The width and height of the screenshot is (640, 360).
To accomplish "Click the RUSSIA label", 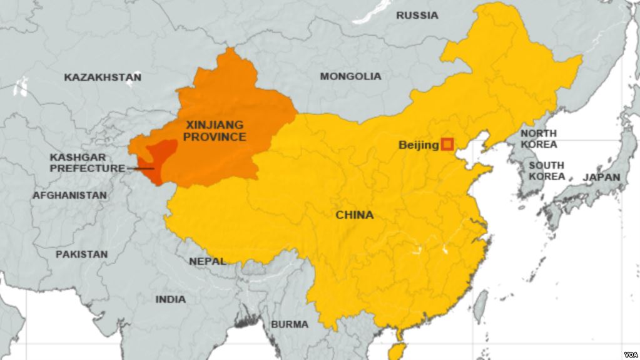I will [x=417, y=15].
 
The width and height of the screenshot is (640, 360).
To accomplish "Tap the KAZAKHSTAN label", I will [x=103, y=78].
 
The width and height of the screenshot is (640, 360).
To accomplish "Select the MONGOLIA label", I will [x=350, y=76].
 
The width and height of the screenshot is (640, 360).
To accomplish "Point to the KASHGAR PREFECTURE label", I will [x=87, y=163].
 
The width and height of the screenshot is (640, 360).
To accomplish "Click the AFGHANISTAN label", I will [x=69, y=195].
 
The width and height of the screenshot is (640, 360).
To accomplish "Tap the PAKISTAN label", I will [x=81, y=254].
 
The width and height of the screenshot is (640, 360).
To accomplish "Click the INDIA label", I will [x=170, y=299].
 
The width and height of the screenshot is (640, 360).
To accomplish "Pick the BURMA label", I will [x=289, y=324].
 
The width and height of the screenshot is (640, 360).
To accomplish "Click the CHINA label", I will [x=355, y=215].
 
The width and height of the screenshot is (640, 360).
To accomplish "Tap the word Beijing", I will [x=419, y=145].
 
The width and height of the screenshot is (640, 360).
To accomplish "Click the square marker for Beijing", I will [x=447, y=144].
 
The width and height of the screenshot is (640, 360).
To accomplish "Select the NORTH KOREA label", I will [x=539, y=139].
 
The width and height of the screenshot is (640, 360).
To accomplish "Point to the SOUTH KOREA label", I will [x=546, y=171].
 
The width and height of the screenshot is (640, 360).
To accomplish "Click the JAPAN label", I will [x=601, y=177].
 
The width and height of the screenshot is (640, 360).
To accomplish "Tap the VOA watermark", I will [x=628, y=351].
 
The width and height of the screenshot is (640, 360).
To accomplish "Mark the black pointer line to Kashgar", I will [x=141, y=168].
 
